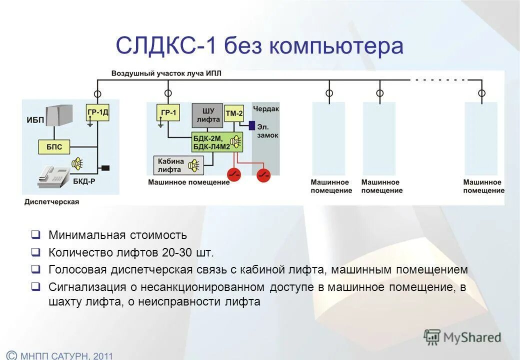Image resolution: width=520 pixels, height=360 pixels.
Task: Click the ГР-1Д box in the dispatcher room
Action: (x=97, y=113)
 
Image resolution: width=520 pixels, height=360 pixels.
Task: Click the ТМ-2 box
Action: (x=233, y=113)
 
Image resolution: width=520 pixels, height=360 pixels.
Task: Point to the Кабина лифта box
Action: (x=171, y=164)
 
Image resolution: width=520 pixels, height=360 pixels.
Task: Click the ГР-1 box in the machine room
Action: (x=168, y=113)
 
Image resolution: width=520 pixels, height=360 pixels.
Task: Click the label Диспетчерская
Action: (x=51, y=202)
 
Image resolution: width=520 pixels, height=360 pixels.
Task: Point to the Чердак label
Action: (x=265, y=108)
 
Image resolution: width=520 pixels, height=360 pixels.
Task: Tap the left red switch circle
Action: (x=234, y=174)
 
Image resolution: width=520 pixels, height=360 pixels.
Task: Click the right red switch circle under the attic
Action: (x=264, y=175)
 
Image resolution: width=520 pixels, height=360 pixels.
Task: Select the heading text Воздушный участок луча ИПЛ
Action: (x=166, y=73)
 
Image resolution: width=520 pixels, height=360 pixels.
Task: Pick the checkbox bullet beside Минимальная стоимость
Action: (x=35, y=234)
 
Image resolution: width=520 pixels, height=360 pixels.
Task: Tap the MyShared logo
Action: (x=462, y=337)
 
